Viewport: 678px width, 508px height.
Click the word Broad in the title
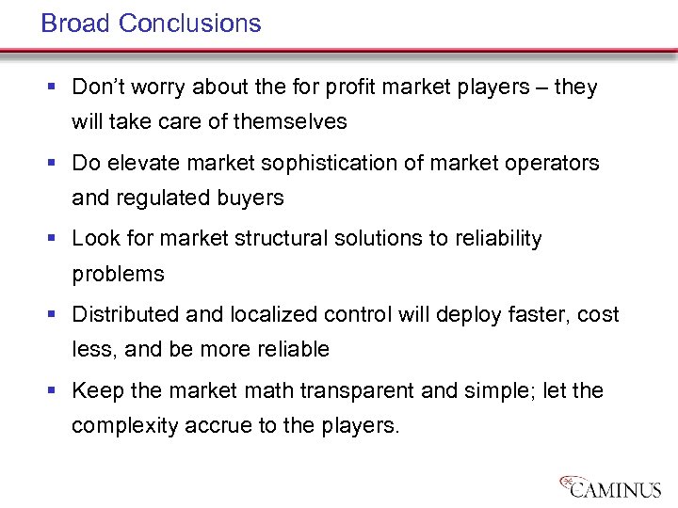pos(76,24)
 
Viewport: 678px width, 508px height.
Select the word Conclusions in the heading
pos(190,24)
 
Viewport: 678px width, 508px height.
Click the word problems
pos(118,274)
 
